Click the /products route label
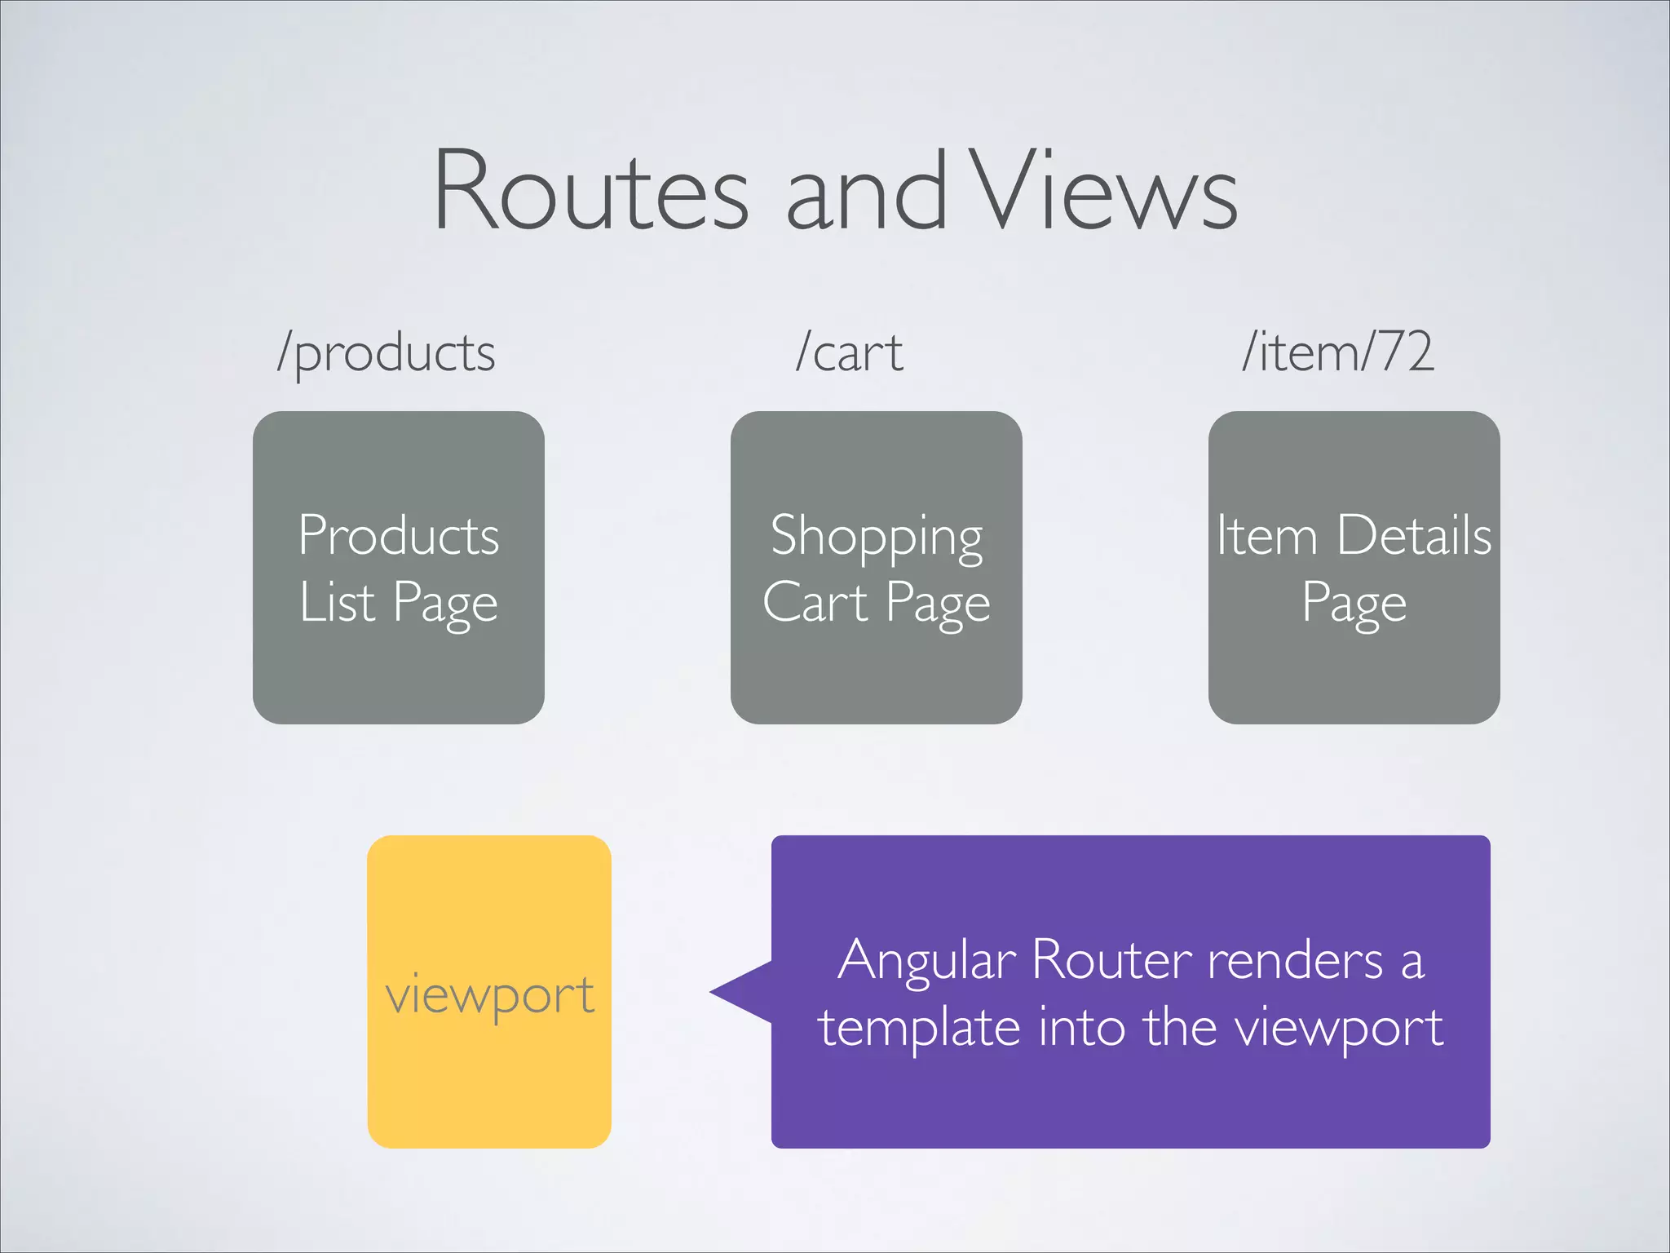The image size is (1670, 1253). (386, 354)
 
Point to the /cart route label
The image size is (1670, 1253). (849, 354)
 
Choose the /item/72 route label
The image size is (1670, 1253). (1337, 352)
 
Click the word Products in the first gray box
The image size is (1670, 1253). (398, 536)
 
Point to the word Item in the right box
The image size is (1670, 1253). (1266, 536)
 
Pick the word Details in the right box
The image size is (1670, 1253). (1414, 536)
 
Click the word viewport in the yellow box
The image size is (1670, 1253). (489, 995)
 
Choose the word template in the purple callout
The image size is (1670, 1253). (919, 1028)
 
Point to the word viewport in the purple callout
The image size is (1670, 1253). (1338, 1028)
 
